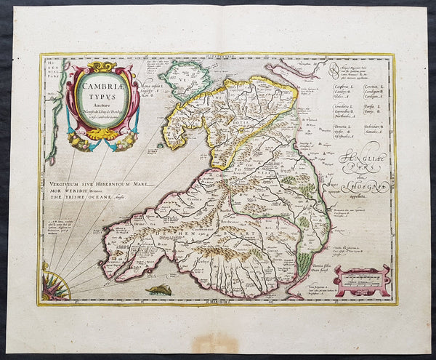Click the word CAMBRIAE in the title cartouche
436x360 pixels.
[x=105, y=87]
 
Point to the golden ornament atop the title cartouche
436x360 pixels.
[x=105, y=65]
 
